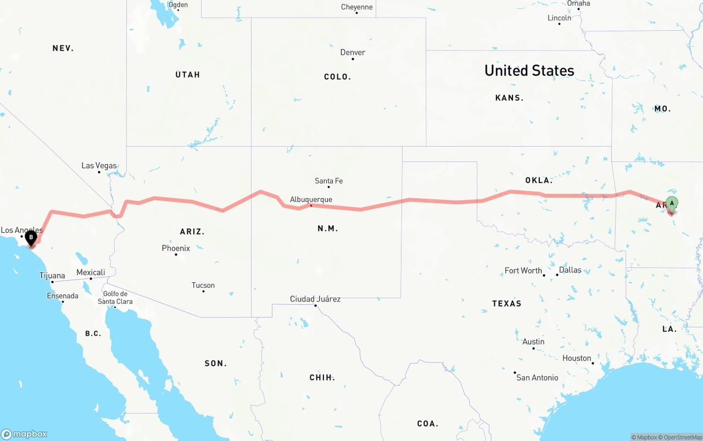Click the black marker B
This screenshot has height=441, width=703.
point(31,238)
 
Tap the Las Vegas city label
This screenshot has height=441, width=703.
point(99,165)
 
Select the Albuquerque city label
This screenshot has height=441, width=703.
point(311,199)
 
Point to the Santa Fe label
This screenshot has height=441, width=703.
point(328,181)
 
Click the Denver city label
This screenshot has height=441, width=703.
point(353,52)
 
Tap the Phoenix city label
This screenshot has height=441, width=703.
point(176,248)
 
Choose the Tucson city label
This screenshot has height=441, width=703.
point(203,285)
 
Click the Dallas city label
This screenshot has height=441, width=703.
point(570,270)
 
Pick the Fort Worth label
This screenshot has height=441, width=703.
point(523,270)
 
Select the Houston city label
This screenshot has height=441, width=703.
point(577,358)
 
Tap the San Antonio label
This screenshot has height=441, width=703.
point(537,377)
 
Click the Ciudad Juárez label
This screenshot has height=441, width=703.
point(315,299)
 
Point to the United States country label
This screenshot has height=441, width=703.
point(529,70)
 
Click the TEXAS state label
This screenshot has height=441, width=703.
point(506,303)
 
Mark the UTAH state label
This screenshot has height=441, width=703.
point(187,75)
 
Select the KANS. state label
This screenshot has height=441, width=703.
point(509,98)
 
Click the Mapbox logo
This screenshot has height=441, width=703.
point(24,434)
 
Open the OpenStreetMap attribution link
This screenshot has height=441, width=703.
point(682,437)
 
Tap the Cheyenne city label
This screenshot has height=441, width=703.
point(356,7)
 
